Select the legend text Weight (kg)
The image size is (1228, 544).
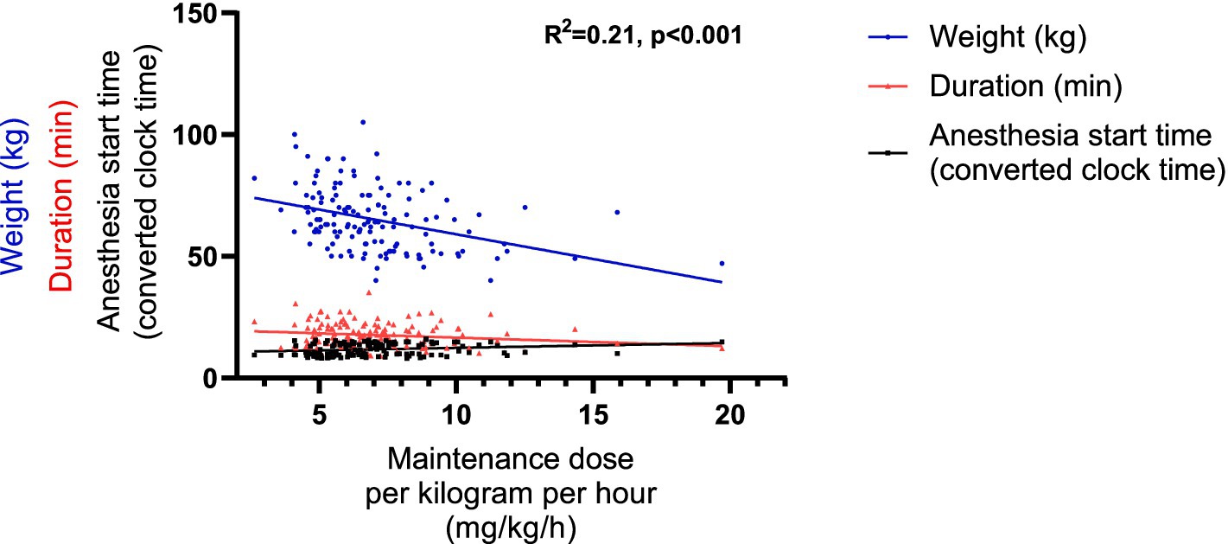click(1006, 38)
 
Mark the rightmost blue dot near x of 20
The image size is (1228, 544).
click(722, 263)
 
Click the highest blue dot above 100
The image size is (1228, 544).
click(363, 122)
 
